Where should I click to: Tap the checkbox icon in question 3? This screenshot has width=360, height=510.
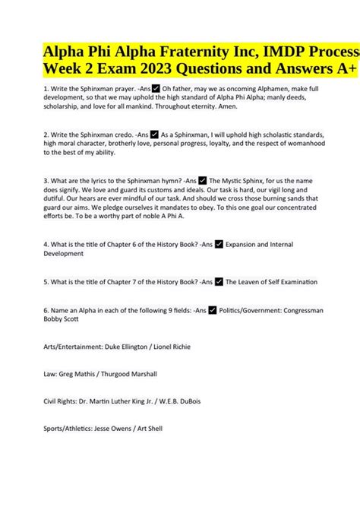point(202,201)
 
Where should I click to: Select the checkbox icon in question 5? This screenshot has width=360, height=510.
point(219,303)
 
